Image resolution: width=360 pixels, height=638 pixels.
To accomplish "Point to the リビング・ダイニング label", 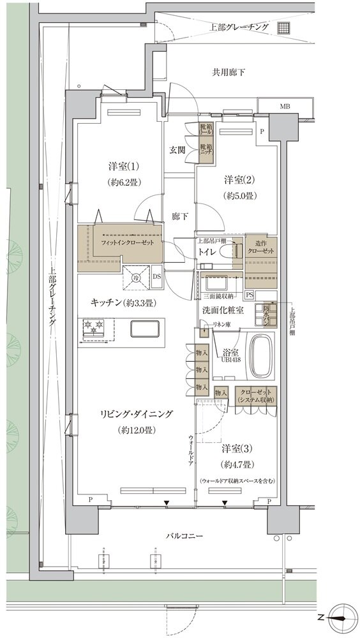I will point(137,414).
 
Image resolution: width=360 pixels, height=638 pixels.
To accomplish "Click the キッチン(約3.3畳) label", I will point(124,302).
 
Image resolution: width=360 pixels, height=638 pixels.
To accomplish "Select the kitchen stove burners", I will point(94,329).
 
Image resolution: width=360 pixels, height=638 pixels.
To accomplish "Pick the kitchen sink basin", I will point(146,329).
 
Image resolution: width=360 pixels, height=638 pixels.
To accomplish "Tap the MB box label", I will point(284,106).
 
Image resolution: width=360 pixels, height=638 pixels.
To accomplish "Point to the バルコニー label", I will point(184,537).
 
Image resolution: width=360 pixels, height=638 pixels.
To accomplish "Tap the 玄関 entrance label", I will point(177,151).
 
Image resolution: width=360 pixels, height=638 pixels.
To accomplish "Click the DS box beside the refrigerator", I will point(156,276).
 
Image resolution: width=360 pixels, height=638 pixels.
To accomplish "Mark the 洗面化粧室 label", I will point(219,309).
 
